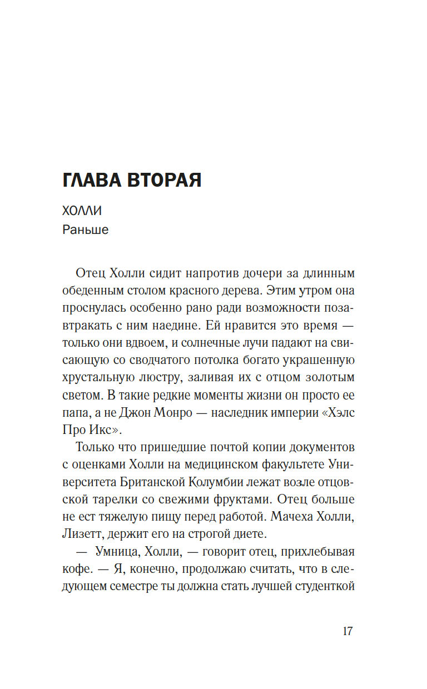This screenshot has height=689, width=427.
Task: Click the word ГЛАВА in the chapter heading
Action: [93, 180]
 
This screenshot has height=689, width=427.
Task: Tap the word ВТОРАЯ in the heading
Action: [166, 180]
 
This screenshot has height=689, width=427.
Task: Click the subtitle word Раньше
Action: [86, 229]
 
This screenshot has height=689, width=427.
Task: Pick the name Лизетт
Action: [80, 535]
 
